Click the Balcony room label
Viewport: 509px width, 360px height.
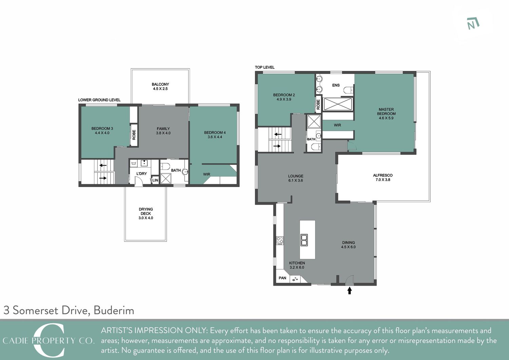[160, 87]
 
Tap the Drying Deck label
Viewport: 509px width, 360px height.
[146, 213]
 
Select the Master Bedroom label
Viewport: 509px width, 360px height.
[386, 114]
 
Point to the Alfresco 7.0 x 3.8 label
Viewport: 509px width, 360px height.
[383, 177]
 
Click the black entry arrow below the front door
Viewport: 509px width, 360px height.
[350, 290]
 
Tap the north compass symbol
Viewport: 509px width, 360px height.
[473, 24]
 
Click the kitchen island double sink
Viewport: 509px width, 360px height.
[304, 240]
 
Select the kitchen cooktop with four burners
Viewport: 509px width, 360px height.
[280, 241]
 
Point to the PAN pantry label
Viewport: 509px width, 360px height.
[282, 278]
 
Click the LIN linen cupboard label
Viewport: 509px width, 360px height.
[155, 180]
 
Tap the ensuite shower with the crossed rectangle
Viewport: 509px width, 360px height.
[338, 104]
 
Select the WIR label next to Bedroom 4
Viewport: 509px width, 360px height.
[207, 174]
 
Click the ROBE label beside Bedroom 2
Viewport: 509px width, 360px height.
[318, 104]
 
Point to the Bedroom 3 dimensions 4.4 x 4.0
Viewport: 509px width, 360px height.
[102, 133]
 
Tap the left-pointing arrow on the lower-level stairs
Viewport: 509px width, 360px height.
[103, 165]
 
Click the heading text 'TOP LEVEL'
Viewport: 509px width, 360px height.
[264, 67]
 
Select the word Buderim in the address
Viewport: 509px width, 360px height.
[114, 310]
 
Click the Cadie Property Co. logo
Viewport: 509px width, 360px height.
[49, 340]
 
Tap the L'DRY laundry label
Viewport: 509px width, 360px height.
[142, 174]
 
